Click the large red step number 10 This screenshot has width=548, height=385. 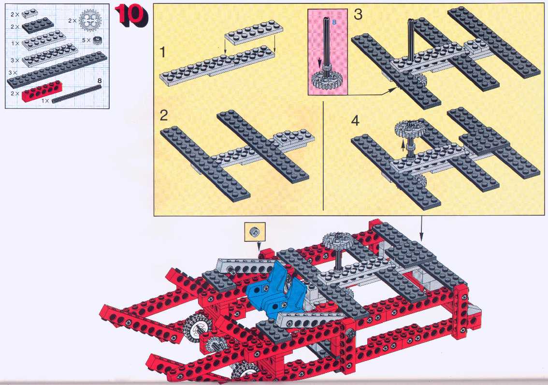tap(131, 16)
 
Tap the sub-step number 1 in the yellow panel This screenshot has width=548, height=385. tap(162, 52)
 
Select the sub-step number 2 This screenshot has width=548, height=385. tap(163, 116)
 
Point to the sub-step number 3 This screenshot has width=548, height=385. tap(358, 15)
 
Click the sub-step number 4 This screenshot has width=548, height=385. tap(355, 120)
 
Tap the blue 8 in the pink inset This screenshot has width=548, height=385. tap(334, 22)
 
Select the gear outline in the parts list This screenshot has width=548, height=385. tap(90, 20)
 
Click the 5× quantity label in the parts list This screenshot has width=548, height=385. tap(86, 40)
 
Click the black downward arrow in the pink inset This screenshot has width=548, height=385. tap(319, 63)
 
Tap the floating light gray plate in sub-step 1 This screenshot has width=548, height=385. tap(254, 33)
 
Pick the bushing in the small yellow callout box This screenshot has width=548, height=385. tap(255, 231)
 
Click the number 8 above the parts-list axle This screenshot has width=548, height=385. tap(100, 81)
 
